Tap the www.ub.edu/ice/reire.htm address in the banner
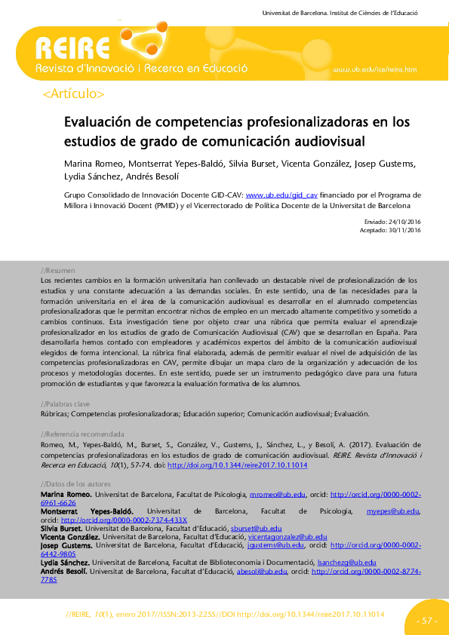click(x=374, y=69)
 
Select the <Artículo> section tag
click(x=74, y=94)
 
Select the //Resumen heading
click(x=57, y=270)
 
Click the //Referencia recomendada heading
click(x=81, y=434)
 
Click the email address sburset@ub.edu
click(x=257, y=529)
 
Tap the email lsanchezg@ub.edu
click(x=346, y=563)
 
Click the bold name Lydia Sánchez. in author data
click(x=66, y=563)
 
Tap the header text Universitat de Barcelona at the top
click(x=294, y=14)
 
